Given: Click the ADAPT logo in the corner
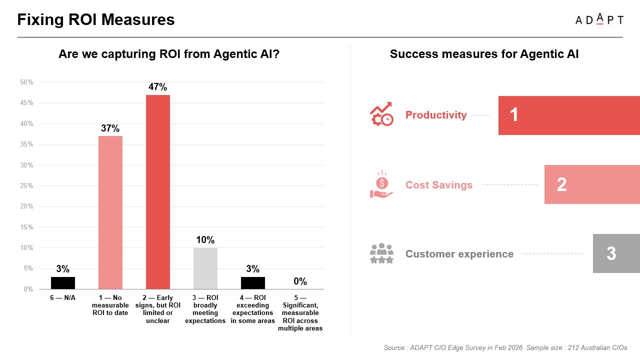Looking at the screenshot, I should tap(599, 20).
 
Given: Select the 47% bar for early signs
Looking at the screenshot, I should tap(157, 192).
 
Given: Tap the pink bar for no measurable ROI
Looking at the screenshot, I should tap(110, 212).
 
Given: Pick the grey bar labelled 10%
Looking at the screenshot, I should tap(205, 268).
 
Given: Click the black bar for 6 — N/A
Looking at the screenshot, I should tap(63, 283).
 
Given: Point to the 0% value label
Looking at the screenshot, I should tap(300, 281).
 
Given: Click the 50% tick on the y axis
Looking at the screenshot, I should tap(26, 82).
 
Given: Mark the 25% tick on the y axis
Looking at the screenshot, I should tap(26, 185).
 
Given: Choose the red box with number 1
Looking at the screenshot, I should tap(569, 115).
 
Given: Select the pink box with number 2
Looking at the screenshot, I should tap(592, 184).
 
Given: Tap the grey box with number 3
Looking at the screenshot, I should tap(616, 253).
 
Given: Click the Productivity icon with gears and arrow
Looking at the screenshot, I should tap(381, 114).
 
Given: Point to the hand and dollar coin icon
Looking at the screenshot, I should tap(381, 184).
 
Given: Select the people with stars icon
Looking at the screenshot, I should tap(381, 253).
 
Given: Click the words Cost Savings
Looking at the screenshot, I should tap(438, 185).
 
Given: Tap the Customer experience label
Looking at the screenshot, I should tap(459, 254).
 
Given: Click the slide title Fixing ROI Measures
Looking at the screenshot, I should tap(96, 19).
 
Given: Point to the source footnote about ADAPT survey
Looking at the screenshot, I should tap(505, 347).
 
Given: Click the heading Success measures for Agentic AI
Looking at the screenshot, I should tap(484, 54).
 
